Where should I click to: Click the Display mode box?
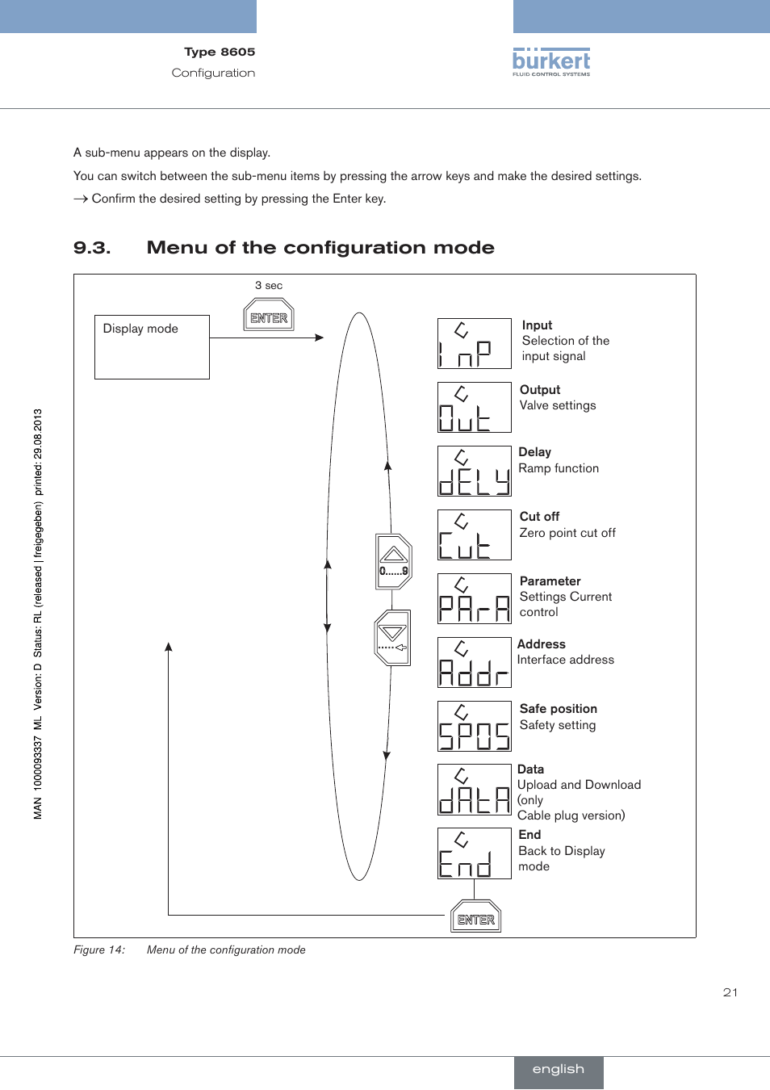click(152, 346)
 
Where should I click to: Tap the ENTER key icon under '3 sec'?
click(269, 316)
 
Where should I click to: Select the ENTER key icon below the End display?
click(475, 917)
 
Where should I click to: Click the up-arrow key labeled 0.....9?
click(394, 561)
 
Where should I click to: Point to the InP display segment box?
click(474, 343)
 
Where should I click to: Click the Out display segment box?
click(474, 407)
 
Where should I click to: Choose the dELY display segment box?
click(474, 471)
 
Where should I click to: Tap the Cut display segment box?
click(474, 535)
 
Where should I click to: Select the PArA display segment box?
click(474, 598)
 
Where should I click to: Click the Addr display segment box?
click(474, 662)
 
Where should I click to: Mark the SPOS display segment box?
click(474, 726)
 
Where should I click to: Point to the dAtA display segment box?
click(474, 789)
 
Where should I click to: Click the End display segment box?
click(474, 853)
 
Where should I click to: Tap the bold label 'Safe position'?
click(558, 709)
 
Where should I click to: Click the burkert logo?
click(551, 62)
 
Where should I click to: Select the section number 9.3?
click(92, 248)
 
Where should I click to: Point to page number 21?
click(730, 992)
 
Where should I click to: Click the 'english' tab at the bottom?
click(558, 1069)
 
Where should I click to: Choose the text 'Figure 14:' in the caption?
click(99, 950)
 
